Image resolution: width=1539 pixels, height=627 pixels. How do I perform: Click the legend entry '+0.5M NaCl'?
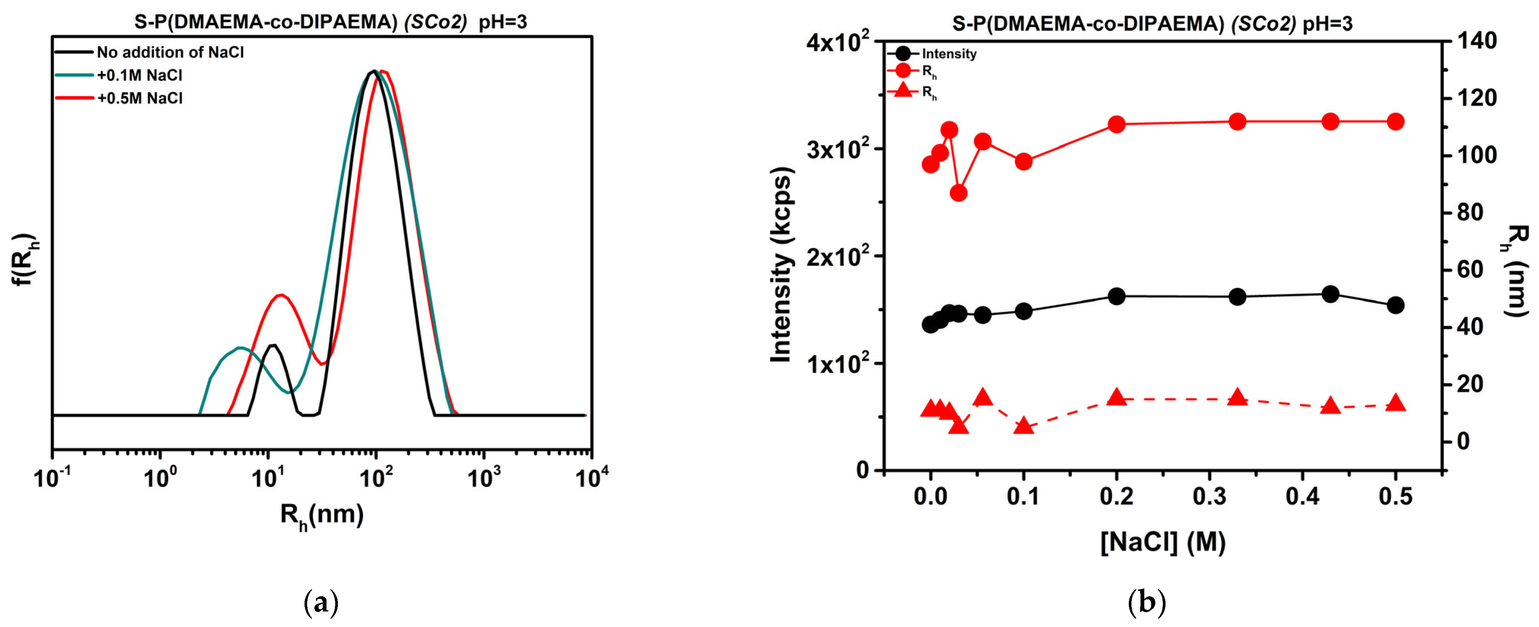point(140,98)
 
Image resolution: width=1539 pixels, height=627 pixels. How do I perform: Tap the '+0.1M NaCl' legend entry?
point(140,75)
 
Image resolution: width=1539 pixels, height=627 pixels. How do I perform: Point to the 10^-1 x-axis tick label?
point(53,478)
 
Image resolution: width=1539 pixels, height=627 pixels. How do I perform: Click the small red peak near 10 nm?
point(280,295)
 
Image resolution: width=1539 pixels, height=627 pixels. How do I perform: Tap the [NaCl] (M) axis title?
point(1162,542)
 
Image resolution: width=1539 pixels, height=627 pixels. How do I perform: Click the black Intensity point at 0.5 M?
point(1395,305)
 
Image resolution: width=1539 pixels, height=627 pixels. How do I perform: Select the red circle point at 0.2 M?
point(1117,124)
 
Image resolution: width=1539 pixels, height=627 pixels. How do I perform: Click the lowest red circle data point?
point(958,193)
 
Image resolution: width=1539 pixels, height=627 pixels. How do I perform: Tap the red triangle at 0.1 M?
point(1023,426)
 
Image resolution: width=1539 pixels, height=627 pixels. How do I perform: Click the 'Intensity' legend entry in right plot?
point(949,54)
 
